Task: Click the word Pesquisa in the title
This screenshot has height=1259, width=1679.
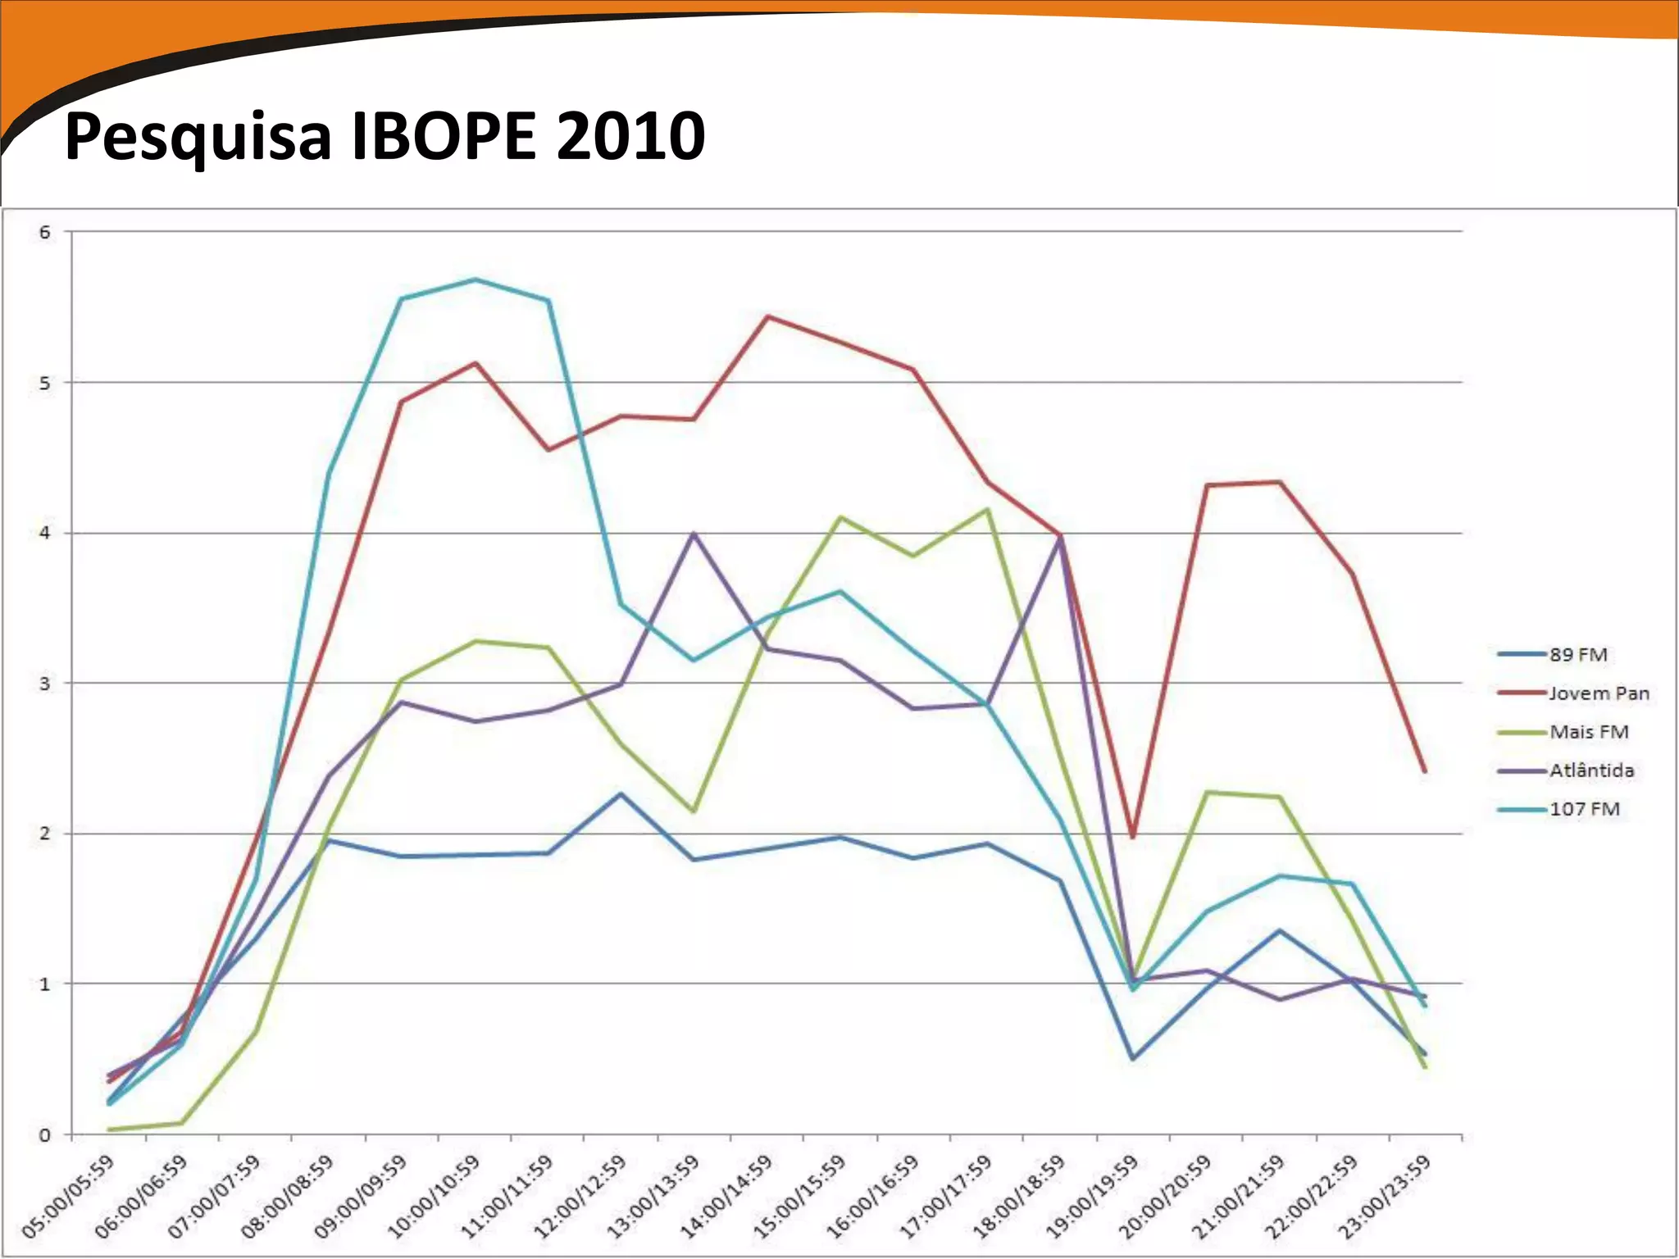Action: coord(198,137)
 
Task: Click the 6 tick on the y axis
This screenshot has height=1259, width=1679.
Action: coord(45,232)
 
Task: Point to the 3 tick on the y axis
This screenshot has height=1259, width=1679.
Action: coord(45,684)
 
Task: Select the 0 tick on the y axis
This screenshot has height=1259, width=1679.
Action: coord(45,1135)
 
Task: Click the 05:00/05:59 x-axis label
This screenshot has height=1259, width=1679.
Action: coord(69,1196)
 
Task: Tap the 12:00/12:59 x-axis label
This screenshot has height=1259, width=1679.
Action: coord(581,1196)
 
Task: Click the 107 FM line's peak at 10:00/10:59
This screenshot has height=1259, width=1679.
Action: coord(475,280)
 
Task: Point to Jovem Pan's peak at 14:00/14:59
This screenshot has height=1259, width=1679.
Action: coord(767,316)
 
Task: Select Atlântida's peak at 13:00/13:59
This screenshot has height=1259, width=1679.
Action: coord(694,534)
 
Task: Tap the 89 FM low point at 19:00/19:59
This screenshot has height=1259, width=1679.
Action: coord(1133,1059)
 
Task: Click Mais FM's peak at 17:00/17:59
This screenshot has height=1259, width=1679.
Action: coord(987,510)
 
